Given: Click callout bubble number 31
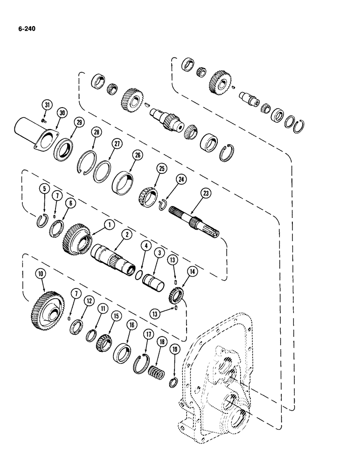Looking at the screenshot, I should coord(46,105).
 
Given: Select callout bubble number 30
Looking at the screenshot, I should coord(61,113).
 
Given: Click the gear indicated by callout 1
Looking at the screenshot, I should coord(75,238).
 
